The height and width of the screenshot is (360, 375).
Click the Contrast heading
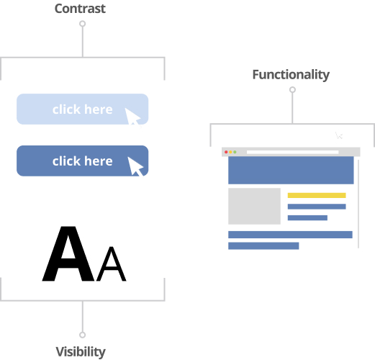click(80, 9)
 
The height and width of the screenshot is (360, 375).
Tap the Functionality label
click(291, 75)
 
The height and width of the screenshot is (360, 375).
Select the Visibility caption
click(81, 352)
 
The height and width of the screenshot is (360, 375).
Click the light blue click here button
click(82, 109)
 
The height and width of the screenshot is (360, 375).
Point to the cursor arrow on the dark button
click(135, 166)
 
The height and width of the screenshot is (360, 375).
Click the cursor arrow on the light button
click(132, 117)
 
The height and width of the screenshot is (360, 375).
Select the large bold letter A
click(68, 253)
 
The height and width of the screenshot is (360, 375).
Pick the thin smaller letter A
click(111, 264)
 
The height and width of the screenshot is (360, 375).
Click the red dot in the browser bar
click(226, 152)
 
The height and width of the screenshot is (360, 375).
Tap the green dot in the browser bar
click(235, 152)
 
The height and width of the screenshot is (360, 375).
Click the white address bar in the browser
click(292, 152)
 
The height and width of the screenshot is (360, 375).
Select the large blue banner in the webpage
click(291, 170)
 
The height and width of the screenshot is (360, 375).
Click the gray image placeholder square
click(254, 206)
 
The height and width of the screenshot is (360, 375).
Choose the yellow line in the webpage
click(317, 195)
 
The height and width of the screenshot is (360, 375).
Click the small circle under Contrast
click(83, 24)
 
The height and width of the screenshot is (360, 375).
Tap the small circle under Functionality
click(292, 90)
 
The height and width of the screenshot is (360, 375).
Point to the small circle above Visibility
click(83, 335)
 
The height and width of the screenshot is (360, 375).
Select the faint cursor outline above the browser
click(339, 135)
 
